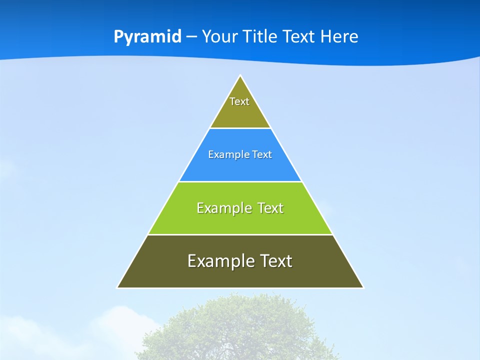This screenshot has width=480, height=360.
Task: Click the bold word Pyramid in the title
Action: (147, 37)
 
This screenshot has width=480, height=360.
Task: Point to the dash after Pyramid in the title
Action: (191, 37)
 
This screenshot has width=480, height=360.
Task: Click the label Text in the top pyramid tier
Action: (239, 101)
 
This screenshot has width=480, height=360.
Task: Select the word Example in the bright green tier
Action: (218, 208)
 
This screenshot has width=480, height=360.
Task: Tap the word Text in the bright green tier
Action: (270, 208)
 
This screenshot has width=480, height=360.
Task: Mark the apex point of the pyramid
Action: (240, 76)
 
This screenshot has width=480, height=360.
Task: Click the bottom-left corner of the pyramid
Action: (118, 287)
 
